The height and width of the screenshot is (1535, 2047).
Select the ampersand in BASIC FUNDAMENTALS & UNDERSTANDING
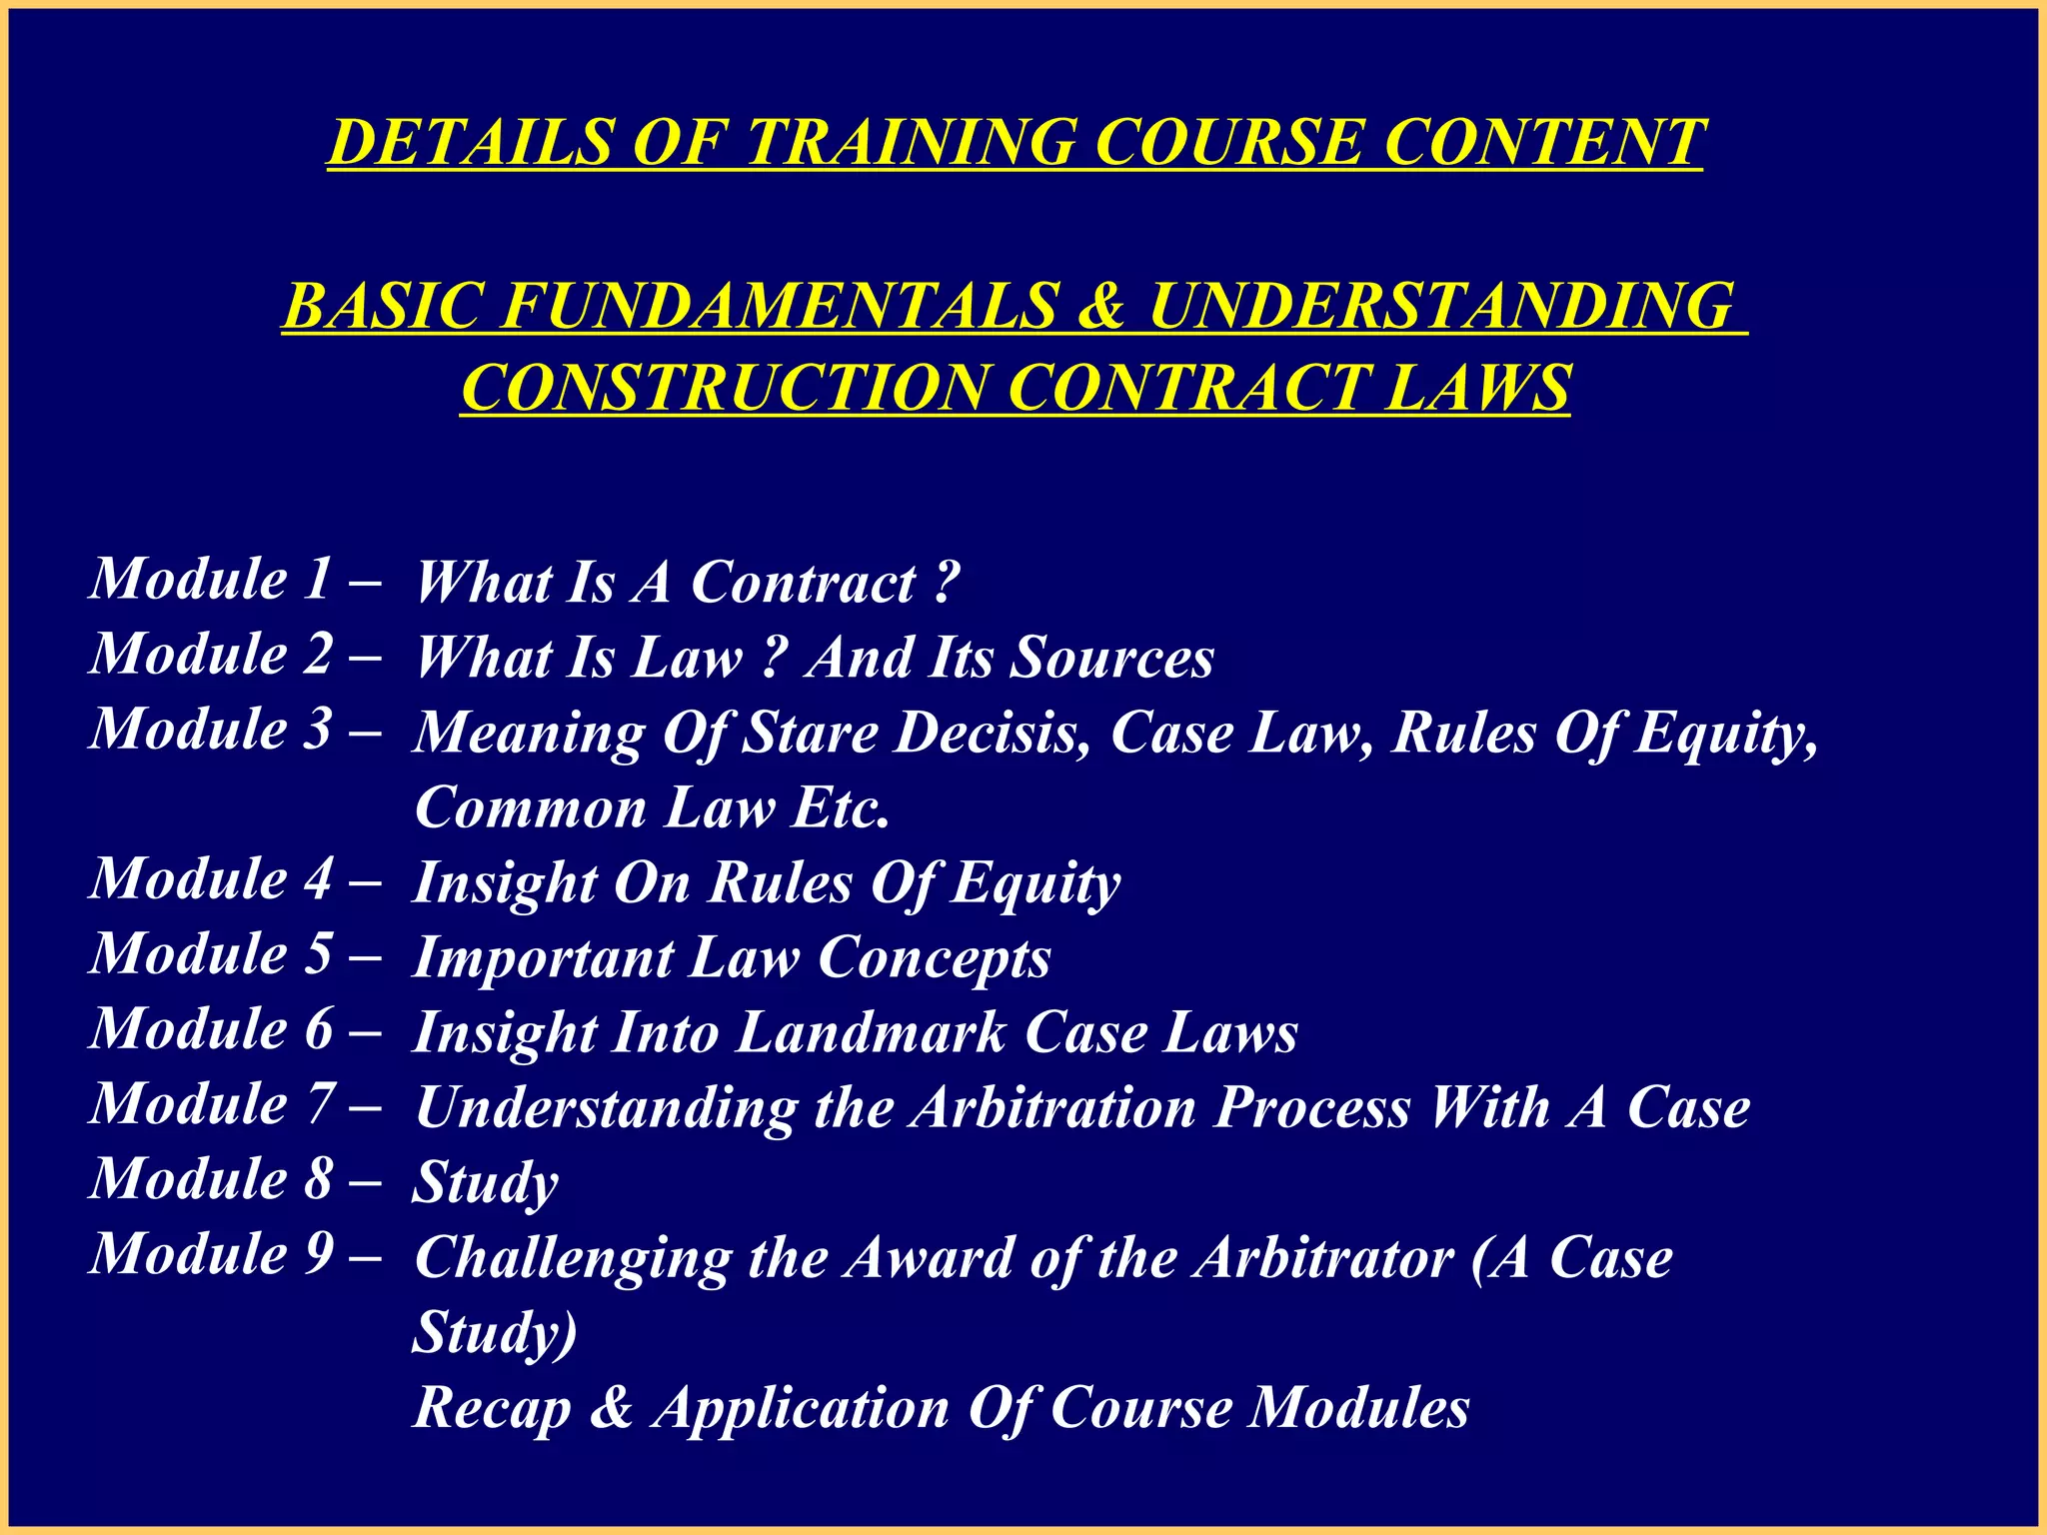click(x=1101, y=306)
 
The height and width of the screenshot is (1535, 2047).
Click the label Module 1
click(x=211, y=580)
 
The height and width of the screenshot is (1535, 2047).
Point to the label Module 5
click(x=211, y=954)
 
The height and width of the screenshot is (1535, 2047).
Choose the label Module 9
click(x=211, y=1254)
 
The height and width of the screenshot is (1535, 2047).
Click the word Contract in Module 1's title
click(x=804, y=583)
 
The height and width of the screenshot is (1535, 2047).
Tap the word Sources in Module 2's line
click(x=1111, y=659)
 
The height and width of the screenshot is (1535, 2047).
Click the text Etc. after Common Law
click(x=840, y=808)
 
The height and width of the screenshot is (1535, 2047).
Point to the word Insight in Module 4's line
click(x=504, y=884)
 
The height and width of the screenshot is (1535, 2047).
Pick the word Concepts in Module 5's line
click(x=934, y=958)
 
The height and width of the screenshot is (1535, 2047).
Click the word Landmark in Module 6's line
click(x=871, y=1033)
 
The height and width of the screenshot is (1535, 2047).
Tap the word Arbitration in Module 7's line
click(x=1053, y=1108)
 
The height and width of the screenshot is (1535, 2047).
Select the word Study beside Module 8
click(x=485, y=1184)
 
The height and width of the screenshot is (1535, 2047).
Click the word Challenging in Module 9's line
click(x=572, y=1259)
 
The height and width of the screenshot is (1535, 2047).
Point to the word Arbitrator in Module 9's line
click(x=1323, y=1258)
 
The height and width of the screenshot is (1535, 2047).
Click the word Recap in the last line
click(x=492, y=1408)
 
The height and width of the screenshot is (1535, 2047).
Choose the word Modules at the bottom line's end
click(x=1359, y=1408)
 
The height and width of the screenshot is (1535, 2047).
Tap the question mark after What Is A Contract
click(x=945, y=583)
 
